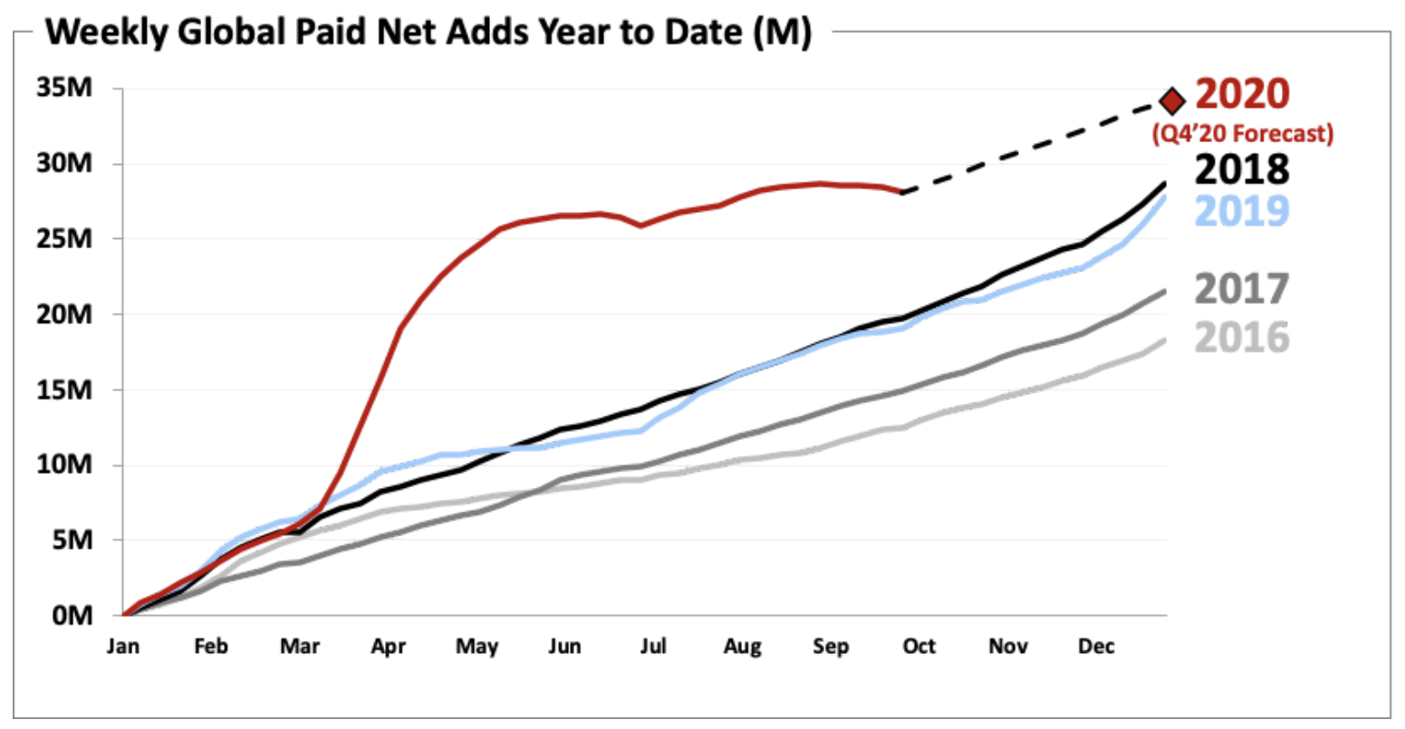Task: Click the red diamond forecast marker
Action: point(1172,101)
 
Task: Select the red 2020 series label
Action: point(1242,94)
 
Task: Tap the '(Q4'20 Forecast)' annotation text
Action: point(1242,134)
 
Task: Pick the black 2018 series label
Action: point(1242,169)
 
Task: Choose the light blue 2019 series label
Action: point(1242,210)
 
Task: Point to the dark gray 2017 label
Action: point(1242,289)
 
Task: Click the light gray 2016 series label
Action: point(1242,338)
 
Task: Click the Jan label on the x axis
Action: point(123,647)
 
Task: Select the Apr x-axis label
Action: point(388,647)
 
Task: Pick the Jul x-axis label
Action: point(653,647)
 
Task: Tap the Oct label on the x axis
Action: point(919,647)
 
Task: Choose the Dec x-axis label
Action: point(1096,647)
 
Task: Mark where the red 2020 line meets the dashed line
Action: point(902,192)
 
